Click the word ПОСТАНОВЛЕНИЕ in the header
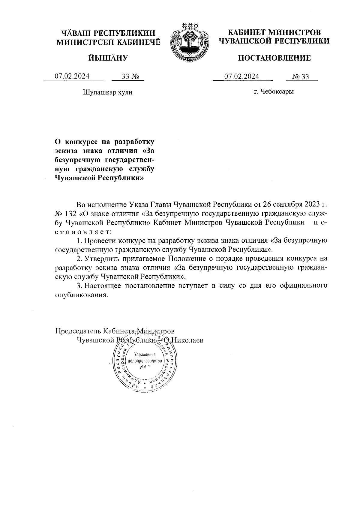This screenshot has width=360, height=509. [x=274, y=58]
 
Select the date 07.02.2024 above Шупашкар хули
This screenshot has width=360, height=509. [x=72, y=76]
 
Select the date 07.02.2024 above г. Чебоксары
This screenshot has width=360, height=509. [x=242, y=76]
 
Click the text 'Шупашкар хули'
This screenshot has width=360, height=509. [x=107, y=92]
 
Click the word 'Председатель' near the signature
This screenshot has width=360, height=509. [x=78, y=331]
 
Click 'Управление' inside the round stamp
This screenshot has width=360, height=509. [x=145, y=354]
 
